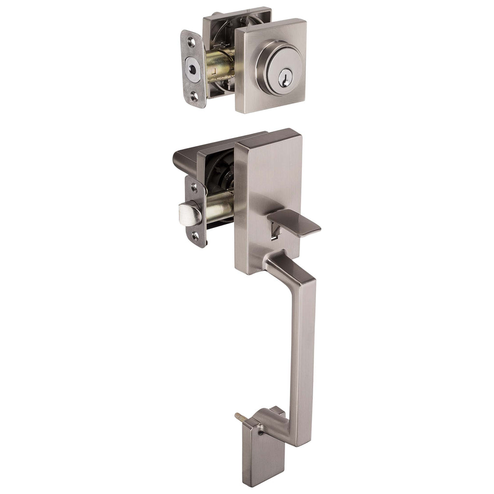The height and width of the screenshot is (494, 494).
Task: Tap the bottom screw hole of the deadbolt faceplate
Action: (x=193, y=95)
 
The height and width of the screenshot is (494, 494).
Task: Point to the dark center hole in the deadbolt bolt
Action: (x=192, y=69)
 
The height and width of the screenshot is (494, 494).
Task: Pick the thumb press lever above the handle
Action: (x=295, y=223)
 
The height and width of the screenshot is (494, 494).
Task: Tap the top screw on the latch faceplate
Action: (x=193, y=185)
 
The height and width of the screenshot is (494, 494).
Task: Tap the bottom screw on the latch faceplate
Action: (x=194, y=236)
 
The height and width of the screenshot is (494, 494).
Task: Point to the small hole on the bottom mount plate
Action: (x=261, y=432)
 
